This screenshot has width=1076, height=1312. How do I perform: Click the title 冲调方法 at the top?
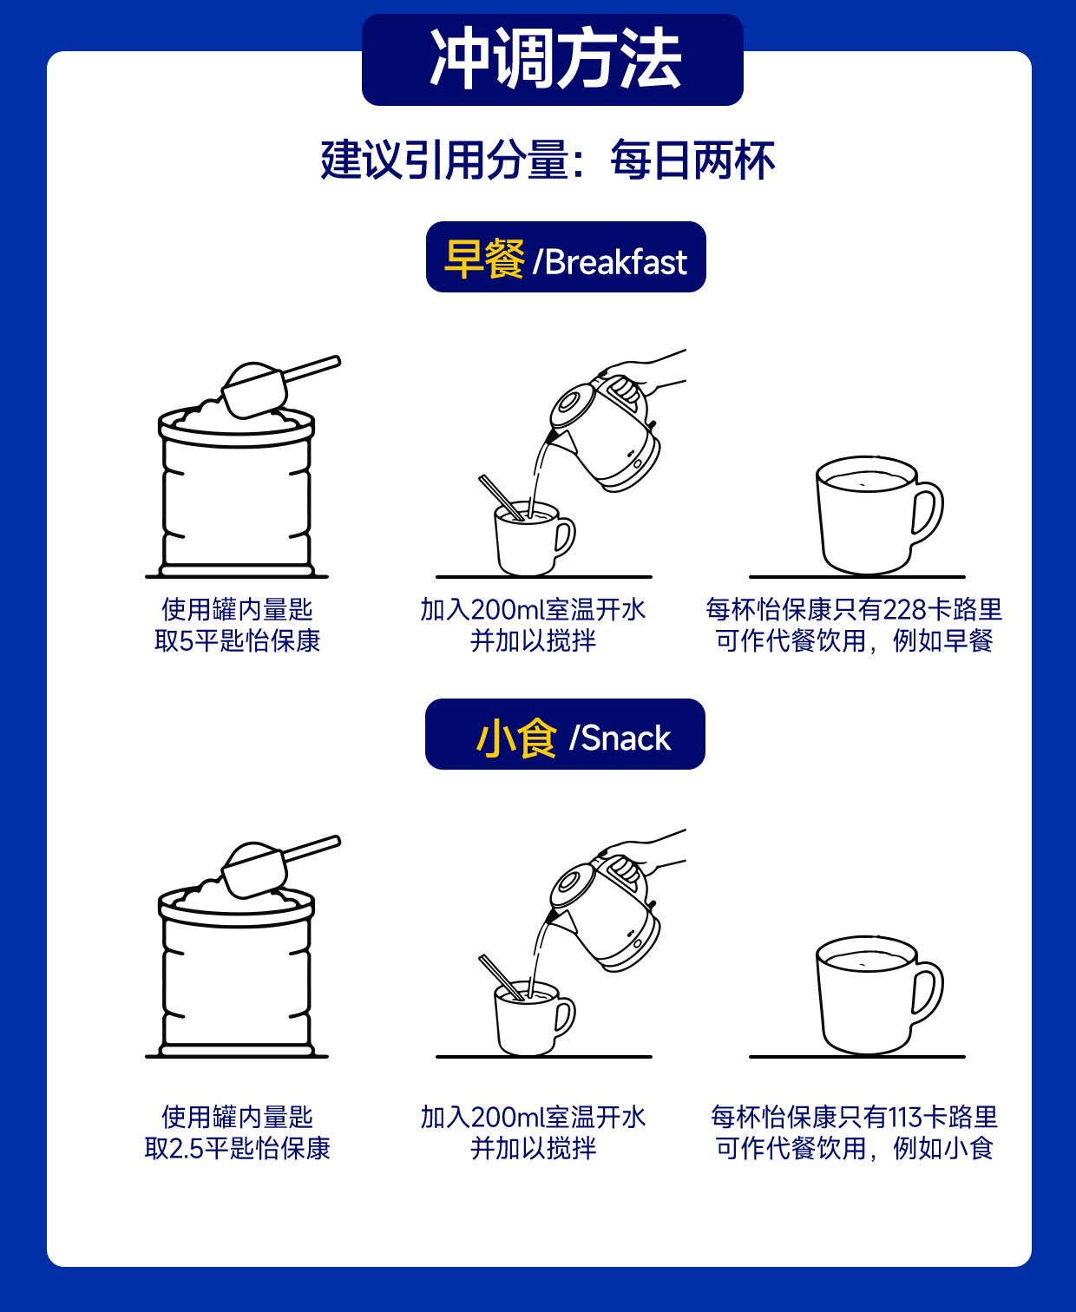[x=555, y=59]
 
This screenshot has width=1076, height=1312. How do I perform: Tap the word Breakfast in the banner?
[x=616, y=262]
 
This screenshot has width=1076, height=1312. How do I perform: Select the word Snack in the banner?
[x=626, y=738]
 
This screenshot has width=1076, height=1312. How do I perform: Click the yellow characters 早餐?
[x=484, y=259]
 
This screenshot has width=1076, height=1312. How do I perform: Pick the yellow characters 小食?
[x=516, y=738]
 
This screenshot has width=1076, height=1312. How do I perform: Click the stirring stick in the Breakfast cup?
[x=501, y=497]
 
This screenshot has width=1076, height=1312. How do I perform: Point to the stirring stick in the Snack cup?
[x=501, y=977]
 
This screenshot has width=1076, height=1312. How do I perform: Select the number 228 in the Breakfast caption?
[x=904, y=610]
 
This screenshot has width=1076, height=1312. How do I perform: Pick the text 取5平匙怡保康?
[x=237, y=640]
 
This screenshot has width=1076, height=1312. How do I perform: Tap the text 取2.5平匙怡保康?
[x=237, y=1148]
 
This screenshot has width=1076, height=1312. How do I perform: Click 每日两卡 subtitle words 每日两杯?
[x=692, y=161]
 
